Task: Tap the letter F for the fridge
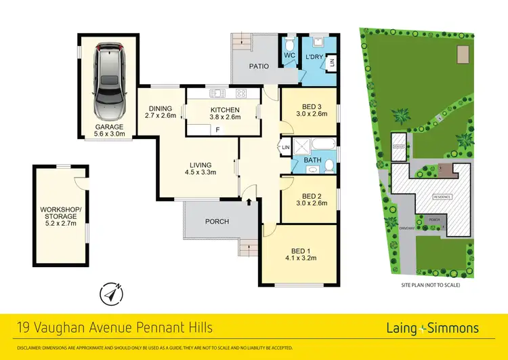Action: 217,129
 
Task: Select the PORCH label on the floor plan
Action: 217,222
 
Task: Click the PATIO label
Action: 258,66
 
